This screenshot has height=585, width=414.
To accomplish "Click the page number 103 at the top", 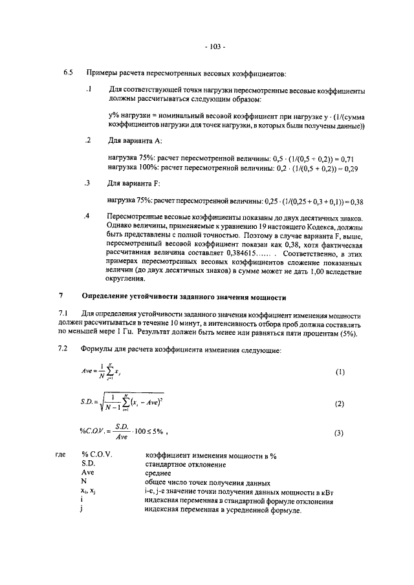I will (214, 47).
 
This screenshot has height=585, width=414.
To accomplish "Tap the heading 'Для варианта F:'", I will (134, 184).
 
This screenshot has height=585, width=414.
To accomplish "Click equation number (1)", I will (340, 373).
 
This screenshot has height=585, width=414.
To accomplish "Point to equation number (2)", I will (340, 404).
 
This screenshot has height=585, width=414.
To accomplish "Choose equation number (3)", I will (340, 434).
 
